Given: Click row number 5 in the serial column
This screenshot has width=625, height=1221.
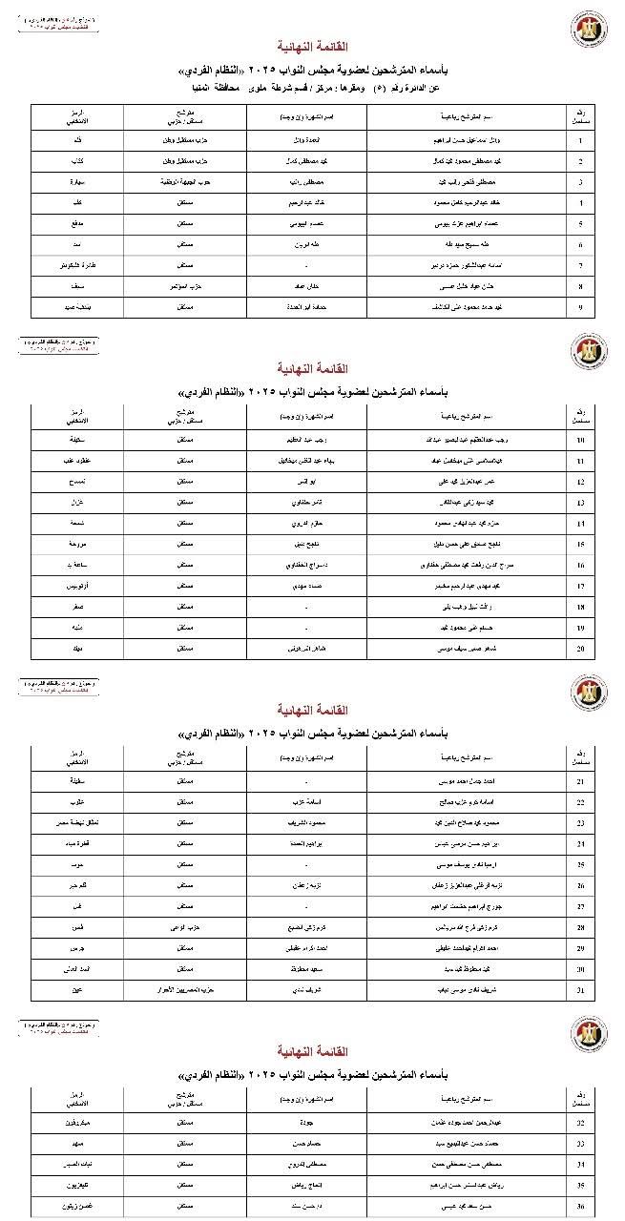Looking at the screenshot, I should [580, 223].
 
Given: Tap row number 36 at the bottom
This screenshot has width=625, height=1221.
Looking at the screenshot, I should [580, 1207].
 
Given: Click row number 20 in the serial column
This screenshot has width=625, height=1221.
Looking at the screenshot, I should [580, 648].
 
